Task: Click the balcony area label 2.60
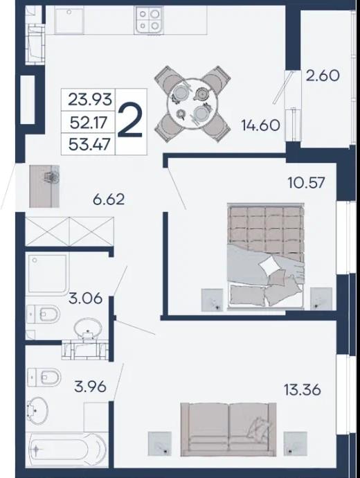[x=323, y=76]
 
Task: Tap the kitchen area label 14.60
[x=261, y=125]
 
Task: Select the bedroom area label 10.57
[x=307, y=183]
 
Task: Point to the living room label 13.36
[x=303, y=389]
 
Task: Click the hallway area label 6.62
[x=109, y=200]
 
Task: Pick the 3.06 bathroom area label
[x=86, y=299]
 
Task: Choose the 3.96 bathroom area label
[x=91, y=387]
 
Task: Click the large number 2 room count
[x=130, y=122]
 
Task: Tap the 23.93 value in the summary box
[x=90, y=99]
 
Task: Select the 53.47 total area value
[x=89, y=144]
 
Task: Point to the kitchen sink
[x=69, y=20]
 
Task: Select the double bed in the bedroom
[x=266, y=256]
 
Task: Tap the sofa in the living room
[x=228, y=430]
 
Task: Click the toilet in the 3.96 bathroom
[x=44, y=377]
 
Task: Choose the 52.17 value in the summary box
[x=89, y=122]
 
